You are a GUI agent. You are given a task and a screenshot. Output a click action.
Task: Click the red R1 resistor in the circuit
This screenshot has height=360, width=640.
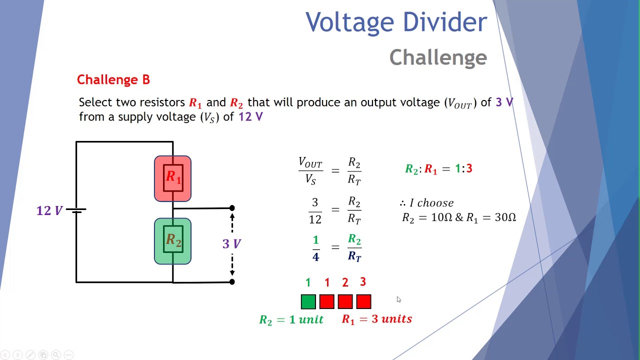pyautogui.click(x=172, y=178)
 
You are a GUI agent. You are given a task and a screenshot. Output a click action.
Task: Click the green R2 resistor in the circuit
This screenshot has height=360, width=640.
pyautogui.click(x=172, y=241)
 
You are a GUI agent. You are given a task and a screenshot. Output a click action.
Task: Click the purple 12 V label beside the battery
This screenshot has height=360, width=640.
pyautogui.click(x=49, y=210)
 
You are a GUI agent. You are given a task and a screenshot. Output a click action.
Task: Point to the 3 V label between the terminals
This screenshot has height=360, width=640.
pyautogui.click(x=231, y=244)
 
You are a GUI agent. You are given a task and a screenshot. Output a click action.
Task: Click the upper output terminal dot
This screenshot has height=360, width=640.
pyautogui.click(x=232, y=208)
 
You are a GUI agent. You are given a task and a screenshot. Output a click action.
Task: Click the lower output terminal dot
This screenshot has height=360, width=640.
pyautogui.click(x=232, y=282)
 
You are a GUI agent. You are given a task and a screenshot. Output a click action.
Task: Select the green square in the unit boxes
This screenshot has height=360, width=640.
pyautogui.click(x=308, y=301)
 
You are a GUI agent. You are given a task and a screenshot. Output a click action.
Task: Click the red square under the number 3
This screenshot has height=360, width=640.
pyautogui.click(x=363, y=301)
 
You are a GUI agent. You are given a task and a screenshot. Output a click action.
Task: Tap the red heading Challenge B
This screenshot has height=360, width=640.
pyautogui.click(x=113, y=80)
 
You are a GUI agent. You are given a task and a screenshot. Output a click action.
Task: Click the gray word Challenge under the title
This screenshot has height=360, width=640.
pyautogui.click(x=438, y=58)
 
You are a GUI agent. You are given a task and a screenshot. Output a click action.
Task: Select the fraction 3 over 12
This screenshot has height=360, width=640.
pyautogui.click(x=315, y=210)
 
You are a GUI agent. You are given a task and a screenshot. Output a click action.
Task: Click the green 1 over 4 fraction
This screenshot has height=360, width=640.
pyautogui.click(x=315, y=248)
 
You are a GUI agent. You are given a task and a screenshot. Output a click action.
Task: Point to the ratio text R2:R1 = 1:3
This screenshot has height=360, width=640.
pyautogui.click(x=438, y=169)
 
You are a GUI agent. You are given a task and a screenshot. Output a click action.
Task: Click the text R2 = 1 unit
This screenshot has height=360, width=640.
pyautogui.click(x=291, y=319)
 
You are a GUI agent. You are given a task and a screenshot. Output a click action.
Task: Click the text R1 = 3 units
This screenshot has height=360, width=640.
pyautogui.click(x=376, y=319)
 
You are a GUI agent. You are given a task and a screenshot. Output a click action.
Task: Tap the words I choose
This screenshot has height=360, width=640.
pyautogui.click(x=431, y=203)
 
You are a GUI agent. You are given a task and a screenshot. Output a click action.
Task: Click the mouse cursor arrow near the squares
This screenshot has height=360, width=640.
pyautogui.click(x=398, y=299)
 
